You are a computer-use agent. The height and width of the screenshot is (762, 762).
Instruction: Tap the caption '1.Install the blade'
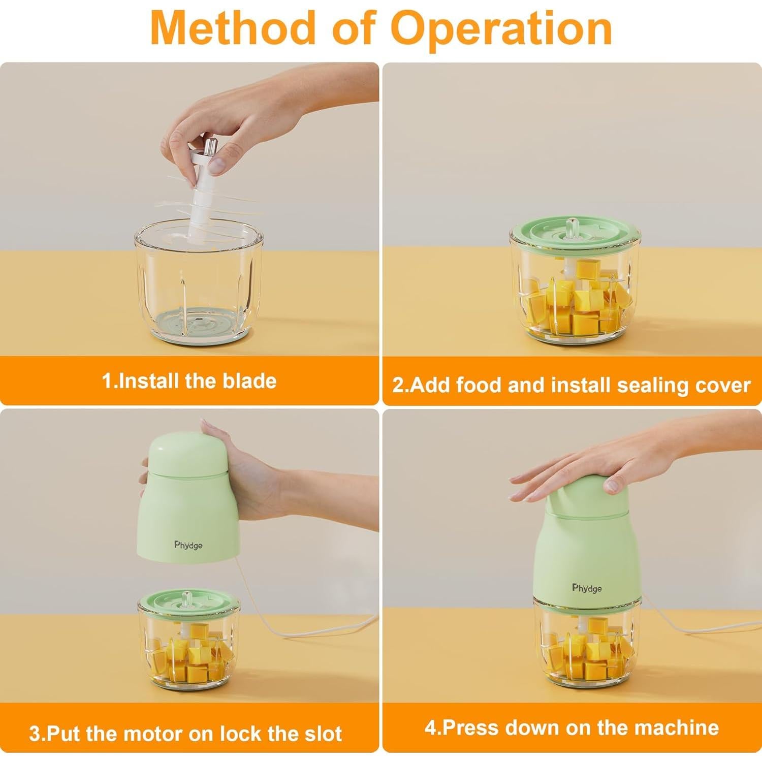point(189,381)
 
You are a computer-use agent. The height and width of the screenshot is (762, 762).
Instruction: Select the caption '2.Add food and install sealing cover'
point(571,385)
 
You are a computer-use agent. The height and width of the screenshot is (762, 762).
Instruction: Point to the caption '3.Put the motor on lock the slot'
point(186,734)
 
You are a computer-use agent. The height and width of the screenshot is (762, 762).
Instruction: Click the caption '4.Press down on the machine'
point(571,727)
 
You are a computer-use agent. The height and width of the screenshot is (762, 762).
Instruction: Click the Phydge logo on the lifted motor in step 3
point(188,545)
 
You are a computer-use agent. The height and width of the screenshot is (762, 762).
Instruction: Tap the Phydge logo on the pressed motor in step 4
point(587,588)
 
